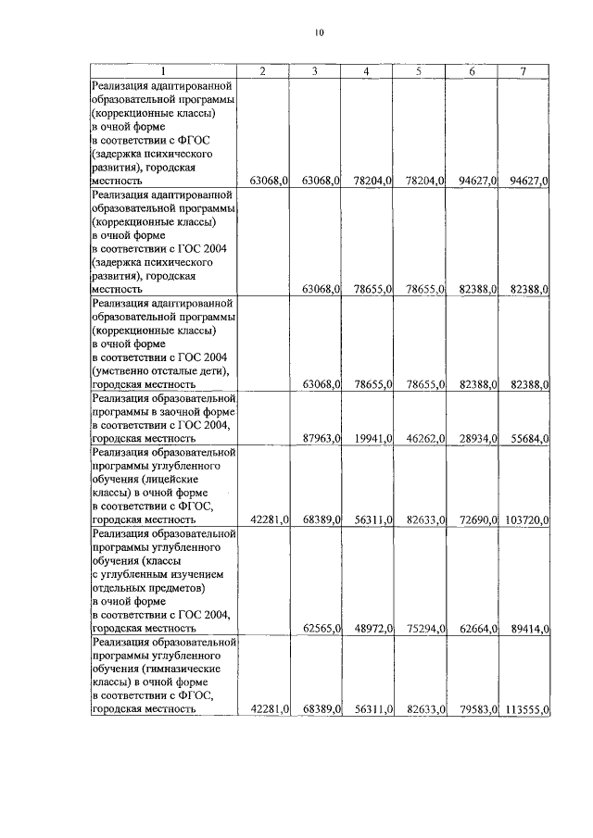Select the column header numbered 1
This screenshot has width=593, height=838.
coord(162,71)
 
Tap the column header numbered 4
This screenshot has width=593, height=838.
coord(367,71)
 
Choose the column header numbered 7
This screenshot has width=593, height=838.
coord(524,71)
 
